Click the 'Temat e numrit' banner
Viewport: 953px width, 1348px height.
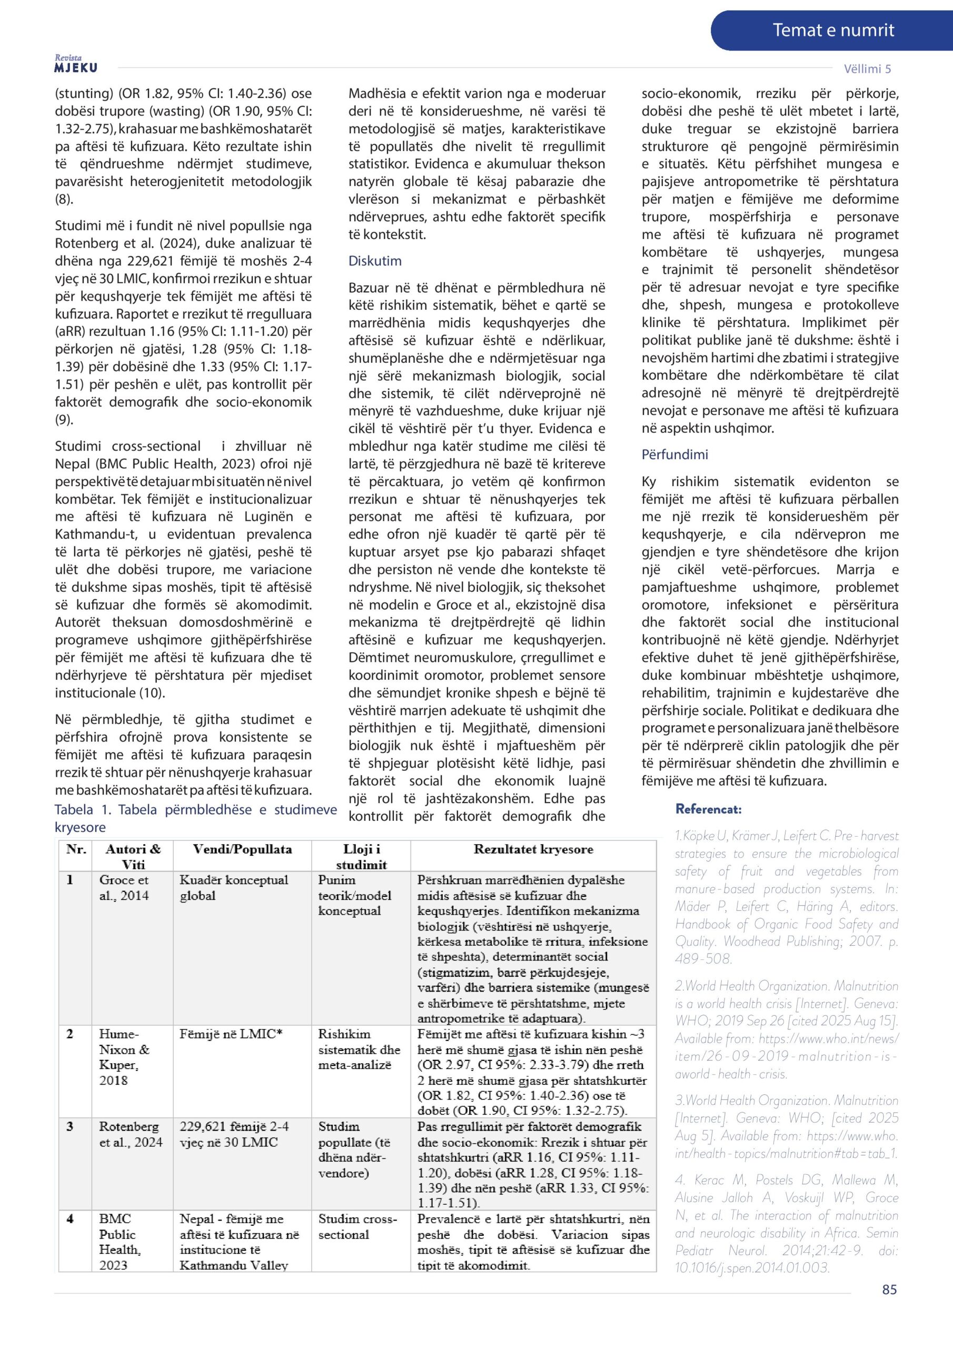[832, 31]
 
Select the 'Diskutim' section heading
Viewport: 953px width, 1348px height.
[375, 261]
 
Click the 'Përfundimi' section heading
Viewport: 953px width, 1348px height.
[674, 454]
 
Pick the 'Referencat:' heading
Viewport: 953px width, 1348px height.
[708, 809]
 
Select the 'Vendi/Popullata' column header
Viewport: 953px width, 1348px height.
[242, 849]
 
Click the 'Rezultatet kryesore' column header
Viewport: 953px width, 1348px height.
[533, 849]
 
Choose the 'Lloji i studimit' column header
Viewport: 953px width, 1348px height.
[361, 857]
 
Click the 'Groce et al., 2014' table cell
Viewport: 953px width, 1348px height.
[124, 888]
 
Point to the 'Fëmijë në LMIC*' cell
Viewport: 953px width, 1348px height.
[231, 1034]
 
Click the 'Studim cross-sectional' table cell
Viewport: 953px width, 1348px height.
[358, 1226]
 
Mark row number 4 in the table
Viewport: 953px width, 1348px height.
[70, 1219]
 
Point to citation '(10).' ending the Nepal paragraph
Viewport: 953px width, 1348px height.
[152, 693]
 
